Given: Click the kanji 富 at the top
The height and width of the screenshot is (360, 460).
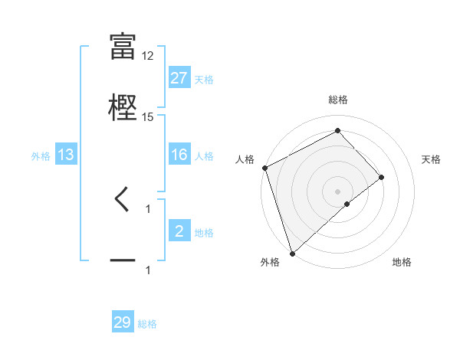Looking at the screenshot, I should [123, 47].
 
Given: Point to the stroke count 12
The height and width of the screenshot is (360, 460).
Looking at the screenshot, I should [148, 56].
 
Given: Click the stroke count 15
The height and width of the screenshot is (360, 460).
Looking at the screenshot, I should [148, 116].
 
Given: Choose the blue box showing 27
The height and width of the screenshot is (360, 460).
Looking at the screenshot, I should [179, 78].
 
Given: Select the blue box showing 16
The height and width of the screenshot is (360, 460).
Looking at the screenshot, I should [179, 155].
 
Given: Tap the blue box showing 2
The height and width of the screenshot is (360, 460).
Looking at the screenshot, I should [179, 231].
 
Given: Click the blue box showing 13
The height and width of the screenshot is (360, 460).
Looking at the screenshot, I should [66, 155].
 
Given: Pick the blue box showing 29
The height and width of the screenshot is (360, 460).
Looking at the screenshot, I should [123, 322].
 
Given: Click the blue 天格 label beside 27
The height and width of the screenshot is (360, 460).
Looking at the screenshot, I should [204, 79].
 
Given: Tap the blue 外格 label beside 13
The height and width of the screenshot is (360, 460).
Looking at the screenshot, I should [41, 155].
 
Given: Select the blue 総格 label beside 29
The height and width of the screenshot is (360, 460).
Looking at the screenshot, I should [147, 323].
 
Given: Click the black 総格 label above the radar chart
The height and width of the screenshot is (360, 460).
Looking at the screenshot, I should [338, 100].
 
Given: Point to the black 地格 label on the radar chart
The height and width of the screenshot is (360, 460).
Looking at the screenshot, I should [402, 263].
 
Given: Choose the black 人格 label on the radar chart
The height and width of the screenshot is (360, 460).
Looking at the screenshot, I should [245, 159].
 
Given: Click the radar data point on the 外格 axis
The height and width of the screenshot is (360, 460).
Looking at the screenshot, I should [291, 253].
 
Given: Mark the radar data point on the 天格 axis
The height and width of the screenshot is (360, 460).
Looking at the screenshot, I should [382, 177].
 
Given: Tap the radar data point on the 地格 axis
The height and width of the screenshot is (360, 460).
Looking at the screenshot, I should [347, 204].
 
